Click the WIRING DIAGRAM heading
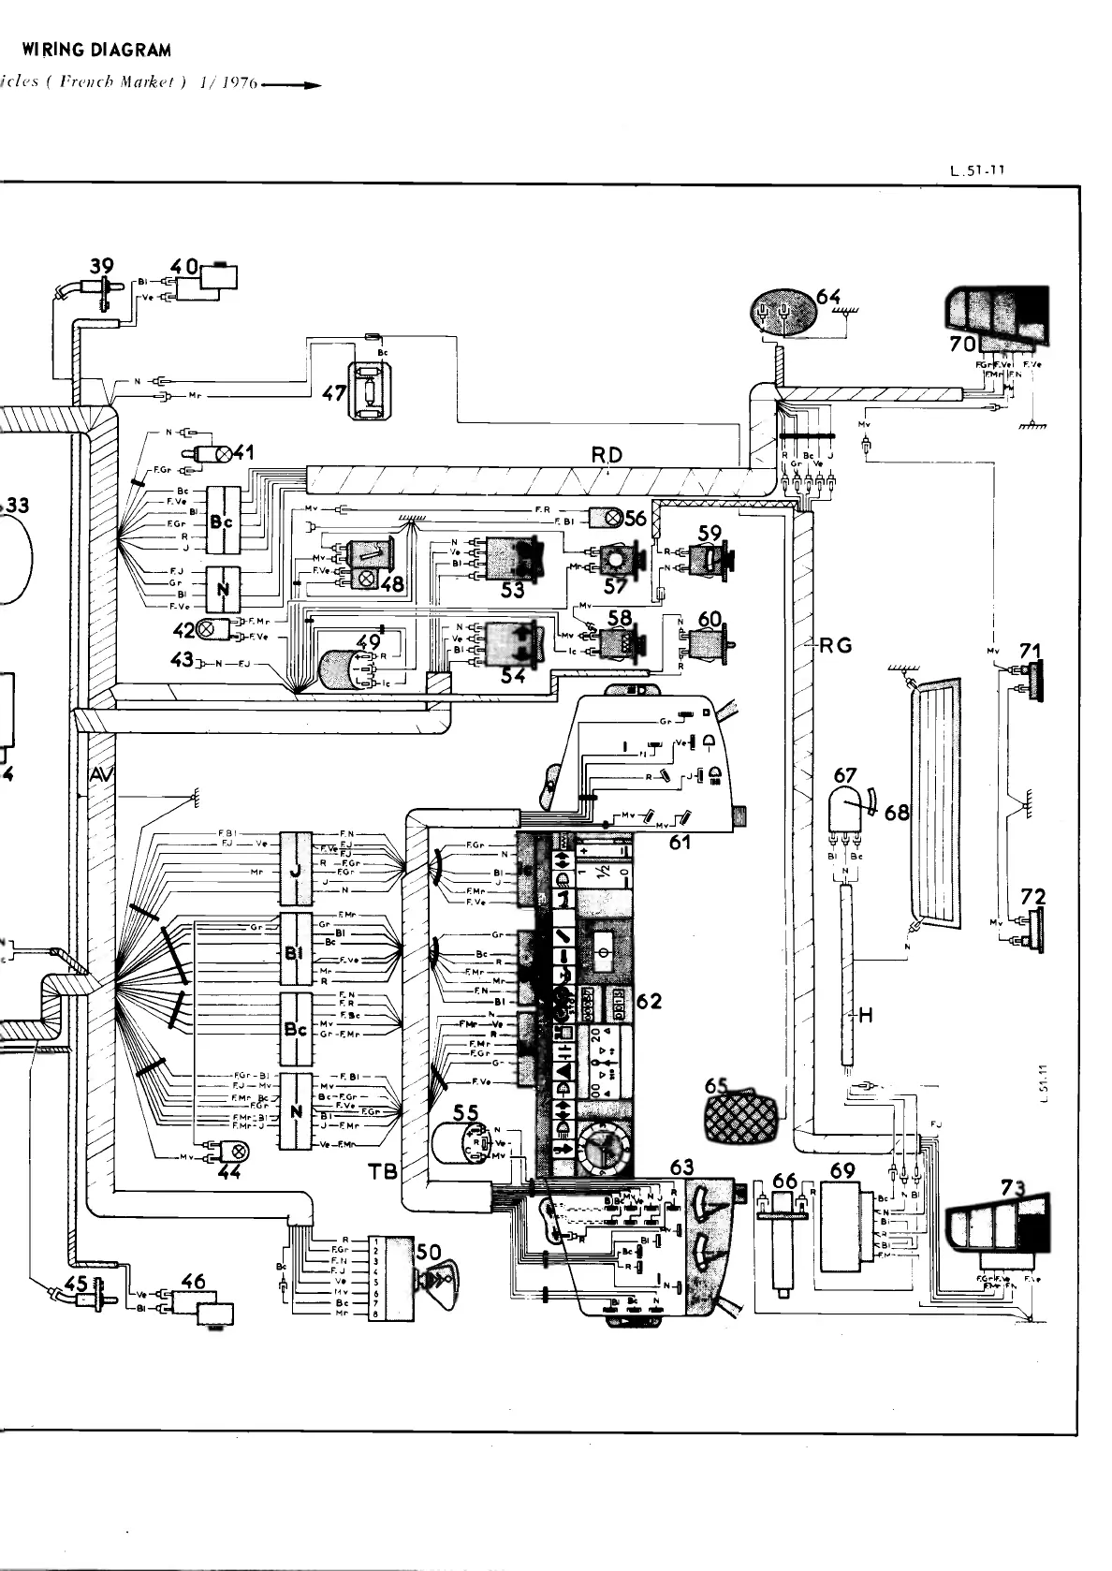(96, 50)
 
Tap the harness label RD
(606, 456)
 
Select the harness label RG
(835, 644)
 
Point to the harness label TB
(384, 1170)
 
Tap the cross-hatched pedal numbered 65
(743, 1115)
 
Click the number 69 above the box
(842, 1169)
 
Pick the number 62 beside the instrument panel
(649, 1001)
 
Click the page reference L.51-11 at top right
(976, 171)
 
